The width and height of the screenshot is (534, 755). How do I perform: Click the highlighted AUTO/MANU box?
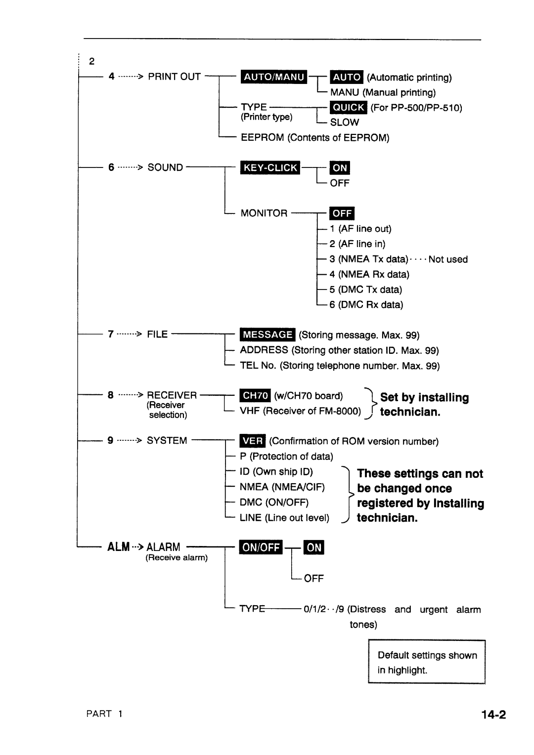[x=273, y=77]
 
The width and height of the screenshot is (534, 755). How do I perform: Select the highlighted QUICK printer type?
[x=348, y=107]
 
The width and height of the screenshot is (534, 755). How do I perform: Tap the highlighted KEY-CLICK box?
[x=270, y=168]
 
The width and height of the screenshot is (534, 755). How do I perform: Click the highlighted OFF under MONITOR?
[x=342, y=213]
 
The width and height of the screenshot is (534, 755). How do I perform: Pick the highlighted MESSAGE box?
[x=267, y=335]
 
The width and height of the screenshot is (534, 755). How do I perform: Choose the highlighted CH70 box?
[x=255, y=396]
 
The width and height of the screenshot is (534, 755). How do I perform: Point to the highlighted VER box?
[x=253, y=441]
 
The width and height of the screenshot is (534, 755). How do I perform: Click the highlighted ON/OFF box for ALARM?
[x=261, y=547]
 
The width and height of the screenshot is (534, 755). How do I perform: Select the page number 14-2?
[x=492, y=714]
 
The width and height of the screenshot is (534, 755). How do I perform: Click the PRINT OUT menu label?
[x=174, y=77]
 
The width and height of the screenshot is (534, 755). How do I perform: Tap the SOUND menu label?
[x=165, y=168]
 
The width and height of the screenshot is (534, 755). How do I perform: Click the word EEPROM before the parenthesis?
[x=262, y=138]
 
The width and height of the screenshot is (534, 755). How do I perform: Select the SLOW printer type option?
[x=344, y=123]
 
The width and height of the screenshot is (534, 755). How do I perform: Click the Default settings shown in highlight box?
[x=427, y=662]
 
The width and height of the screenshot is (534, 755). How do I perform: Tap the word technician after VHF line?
[x=410, y=412]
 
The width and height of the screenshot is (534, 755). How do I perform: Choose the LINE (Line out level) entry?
[x=284, y=518]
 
